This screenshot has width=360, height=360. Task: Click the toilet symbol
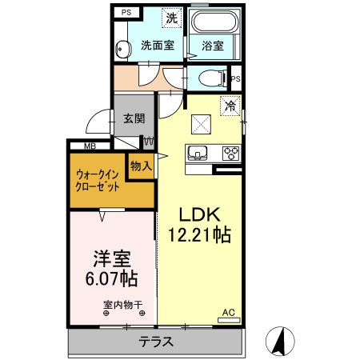(x=210, y=78)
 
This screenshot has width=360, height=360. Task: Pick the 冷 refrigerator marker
(x=230, y=105)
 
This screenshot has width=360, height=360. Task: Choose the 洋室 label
(x=112, y=260)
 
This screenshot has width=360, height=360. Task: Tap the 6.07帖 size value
(x=111, y=280)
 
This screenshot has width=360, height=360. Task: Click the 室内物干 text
(x=122, y=304)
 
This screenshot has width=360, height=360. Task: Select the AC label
(x=227, y=312)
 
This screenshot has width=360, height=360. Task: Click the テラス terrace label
(x=157, y=342)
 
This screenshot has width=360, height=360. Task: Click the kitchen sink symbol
(x=197, y=152)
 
